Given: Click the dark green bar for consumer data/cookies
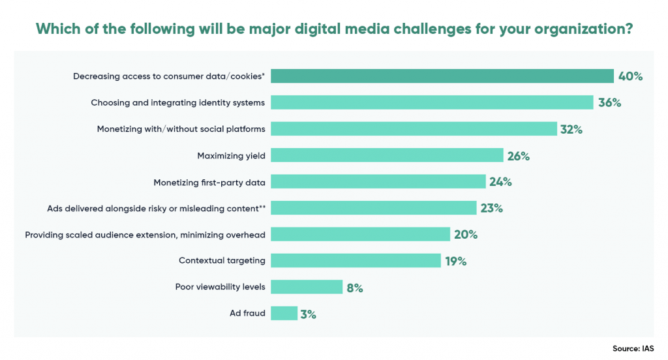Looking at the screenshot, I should (x=442, y=76).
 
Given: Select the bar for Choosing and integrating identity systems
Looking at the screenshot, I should (x=431, y=102).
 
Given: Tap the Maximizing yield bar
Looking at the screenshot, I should (x=387, y=155).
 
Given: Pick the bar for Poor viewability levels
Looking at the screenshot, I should (x=307, y=287).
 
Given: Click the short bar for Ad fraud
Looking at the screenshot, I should (x=284, y=313).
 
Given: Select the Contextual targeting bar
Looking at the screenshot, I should (x=356, y=261).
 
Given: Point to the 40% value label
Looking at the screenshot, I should (x=631, y=76).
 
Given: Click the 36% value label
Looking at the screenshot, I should (x=609, y=103).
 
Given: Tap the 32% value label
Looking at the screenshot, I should (x=571, y=129).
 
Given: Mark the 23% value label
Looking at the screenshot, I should (x=492, y=208).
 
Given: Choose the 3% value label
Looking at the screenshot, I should (x=309, y=314).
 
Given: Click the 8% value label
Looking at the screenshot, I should (x=354, y=288).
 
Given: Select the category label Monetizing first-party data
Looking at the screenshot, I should (x=209, y=182).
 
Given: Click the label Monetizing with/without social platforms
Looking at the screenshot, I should (x=181, y=129).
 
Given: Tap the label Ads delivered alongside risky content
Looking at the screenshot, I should (x=156, y=208).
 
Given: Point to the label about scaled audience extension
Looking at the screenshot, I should (x=145, y=234).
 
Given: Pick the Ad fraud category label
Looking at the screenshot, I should (x=247, y=313).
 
